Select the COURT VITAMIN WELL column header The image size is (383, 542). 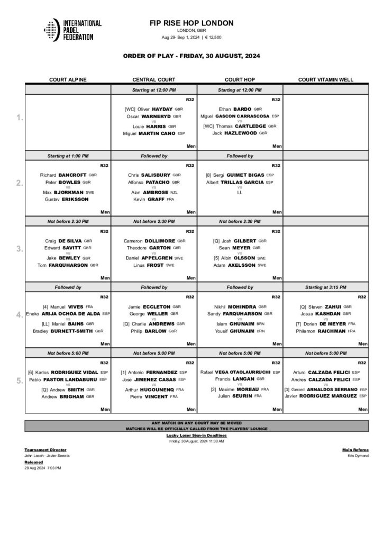pos(325,80)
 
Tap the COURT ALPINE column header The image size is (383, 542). pos(68,80)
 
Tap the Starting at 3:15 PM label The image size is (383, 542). pos(325,287)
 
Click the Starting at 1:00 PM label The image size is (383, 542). pos(68,156)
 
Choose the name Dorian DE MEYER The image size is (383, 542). pos(330,323)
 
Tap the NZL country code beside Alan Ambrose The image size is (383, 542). pos(174,192)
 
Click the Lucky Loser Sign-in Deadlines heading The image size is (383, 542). pos(196,435)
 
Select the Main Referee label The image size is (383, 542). pos(355,449)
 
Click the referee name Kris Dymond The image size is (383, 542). pos(358,455)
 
